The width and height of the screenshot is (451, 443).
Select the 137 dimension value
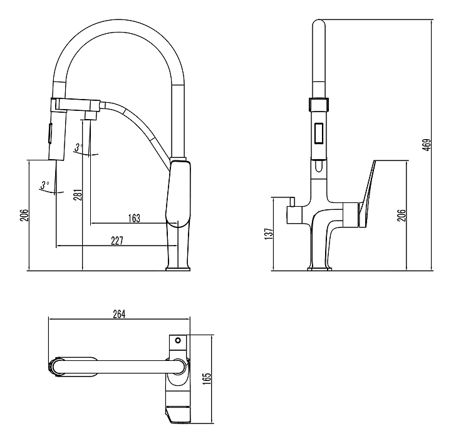pos(268,232)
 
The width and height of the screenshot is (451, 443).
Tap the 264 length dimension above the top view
pos(120,315)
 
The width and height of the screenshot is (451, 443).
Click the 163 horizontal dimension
pos(133,218)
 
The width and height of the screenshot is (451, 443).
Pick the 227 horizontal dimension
pos(117,240)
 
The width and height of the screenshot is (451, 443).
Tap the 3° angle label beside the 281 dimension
pos(78,148)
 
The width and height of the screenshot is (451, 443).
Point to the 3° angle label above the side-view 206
pos(44,185)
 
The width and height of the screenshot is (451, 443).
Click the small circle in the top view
pos(178,341)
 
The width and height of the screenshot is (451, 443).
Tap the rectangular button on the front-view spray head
pos(319,133)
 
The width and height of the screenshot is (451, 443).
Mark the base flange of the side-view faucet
pos(177,269)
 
